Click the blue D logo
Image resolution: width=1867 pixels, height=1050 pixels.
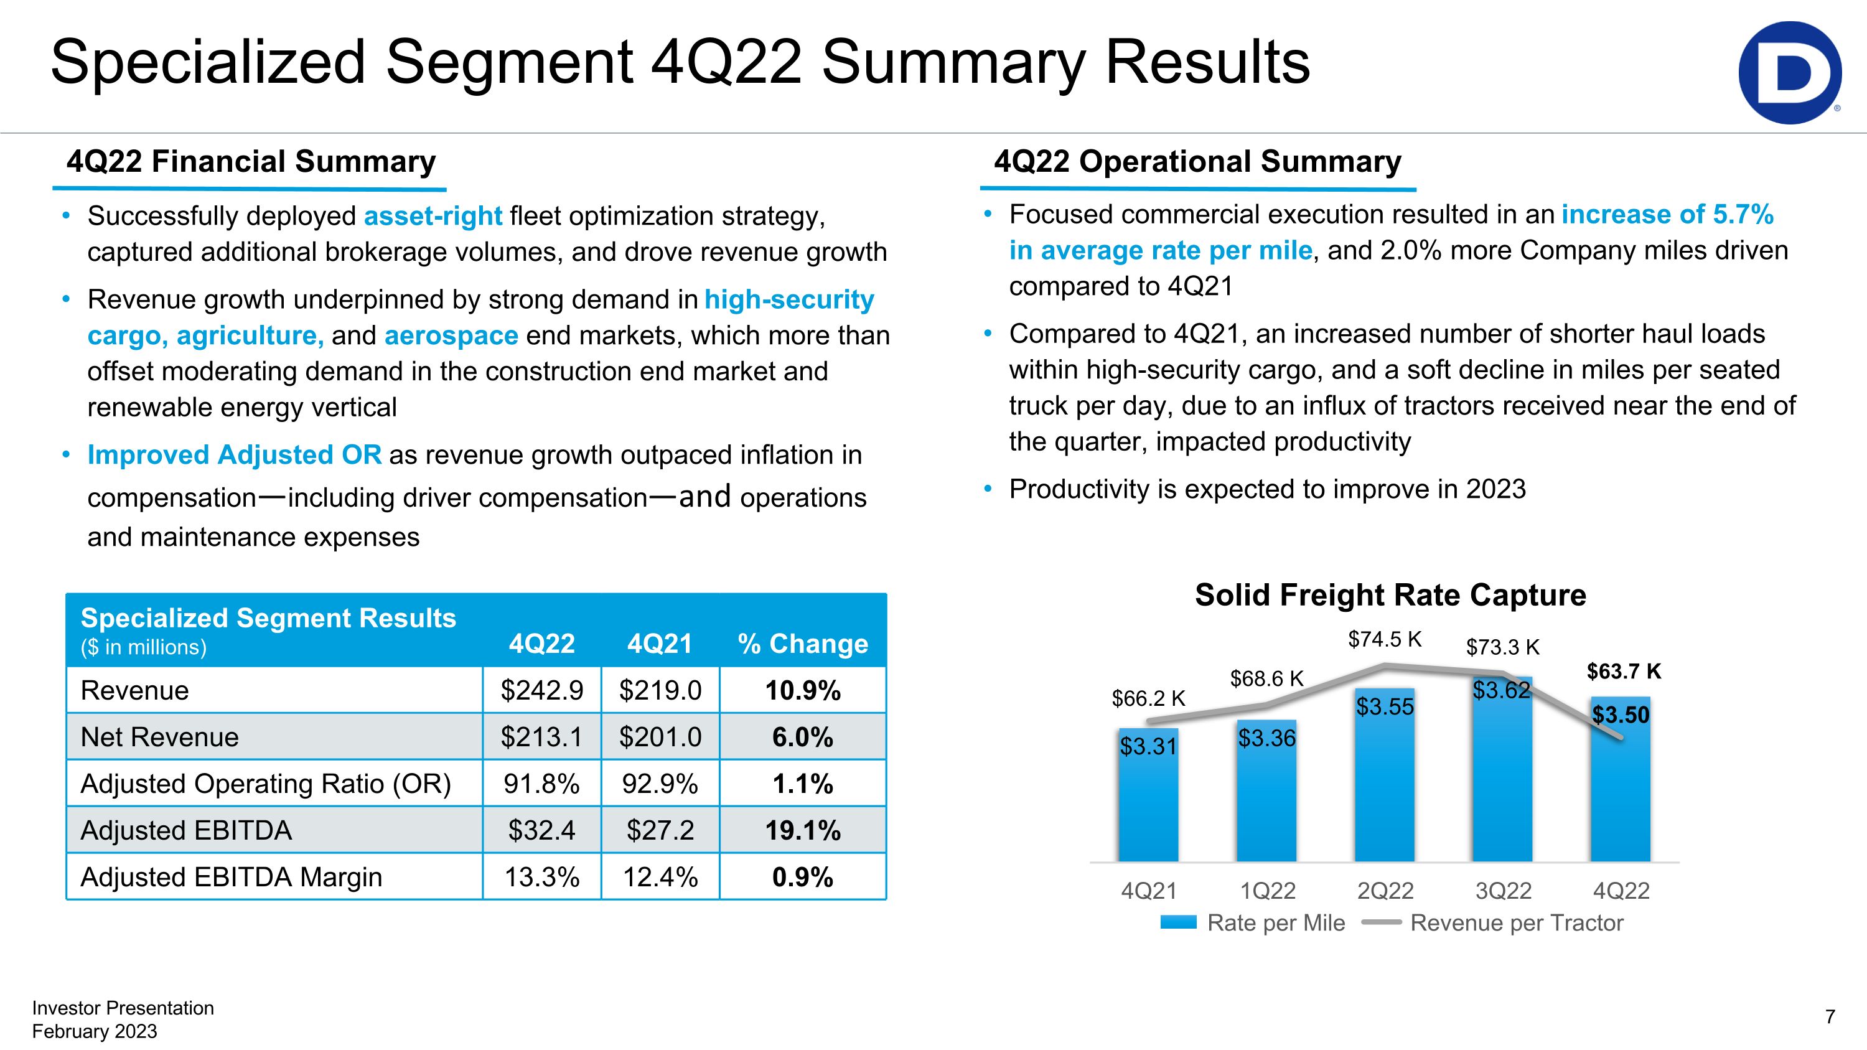(x=1789, y=72)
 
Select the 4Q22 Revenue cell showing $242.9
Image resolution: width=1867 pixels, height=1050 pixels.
(x=541, y=691)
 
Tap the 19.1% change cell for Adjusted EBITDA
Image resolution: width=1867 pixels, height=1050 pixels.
(x=802, y=830)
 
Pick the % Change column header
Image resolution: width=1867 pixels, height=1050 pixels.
(x=802, y=644)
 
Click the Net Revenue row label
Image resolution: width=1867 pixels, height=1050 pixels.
(x=159, y=737)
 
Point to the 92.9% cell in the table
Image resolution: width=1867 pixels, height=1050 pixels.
(x=660, y=784)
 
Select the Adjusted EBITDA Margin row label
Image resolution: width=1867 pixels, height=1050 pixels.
(x=232, y=878)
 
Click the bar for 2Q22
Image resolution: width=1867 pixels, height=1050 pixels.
(x=1384, y=782)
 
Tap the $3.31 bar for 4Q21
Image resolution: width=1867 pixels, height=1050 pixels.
(x=1148, y=797)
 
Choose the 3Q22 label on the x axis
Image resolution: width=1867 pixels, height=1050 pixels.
(x=1503, y=891)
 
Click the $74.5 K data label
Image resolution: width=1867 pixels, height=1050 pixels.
(x=1384, y=639)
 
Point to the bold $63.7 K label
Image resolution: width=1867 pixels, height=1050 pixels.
(x=1624, y=672)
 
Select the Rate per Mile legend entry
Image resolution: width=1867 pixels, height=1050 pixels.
(x=1254, y=923)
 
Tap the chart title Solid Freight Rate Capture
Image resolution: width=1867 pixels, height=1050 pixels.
(x=1390, y=595)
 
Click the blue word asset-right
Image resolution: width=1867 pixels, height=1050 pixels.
(x=433, y=216)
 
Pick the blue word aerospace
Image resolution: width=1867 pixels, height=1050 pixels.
(x=451, y=335)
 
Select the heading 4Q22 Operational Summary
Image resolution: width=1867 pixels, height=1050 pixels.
(x=1197, y=162)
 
